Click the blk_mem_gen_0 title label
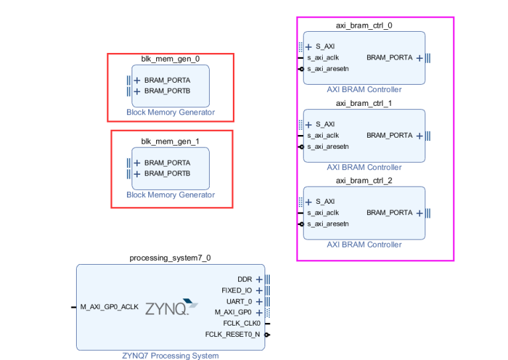(170, 59)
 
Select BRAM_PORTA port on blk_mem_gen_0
(167, 80)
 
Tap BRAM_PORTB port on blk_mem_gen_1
(167, 173)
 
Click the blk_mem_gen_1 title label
(170, 142)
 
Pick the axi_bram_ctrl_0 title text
(364, 26)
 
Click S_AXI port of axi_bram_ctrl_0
(325, 46)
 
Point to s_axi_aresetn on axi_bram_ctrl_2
(328, 224)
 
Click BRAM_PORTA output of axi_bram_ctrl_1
(389, 135)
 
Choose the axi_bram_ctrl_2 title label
(364, 181)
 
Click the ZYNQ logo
(171, 308)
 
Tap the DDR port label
(245, 279)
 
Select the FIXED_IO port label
(237, 290)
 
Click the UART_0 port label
(239, 301)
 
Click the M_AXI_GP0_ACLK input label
(109, 307)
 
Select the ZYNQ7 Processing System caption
(170, 356)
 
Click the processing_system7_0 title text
(170, 258)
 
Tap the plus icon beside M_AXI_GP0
(259, 312)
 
